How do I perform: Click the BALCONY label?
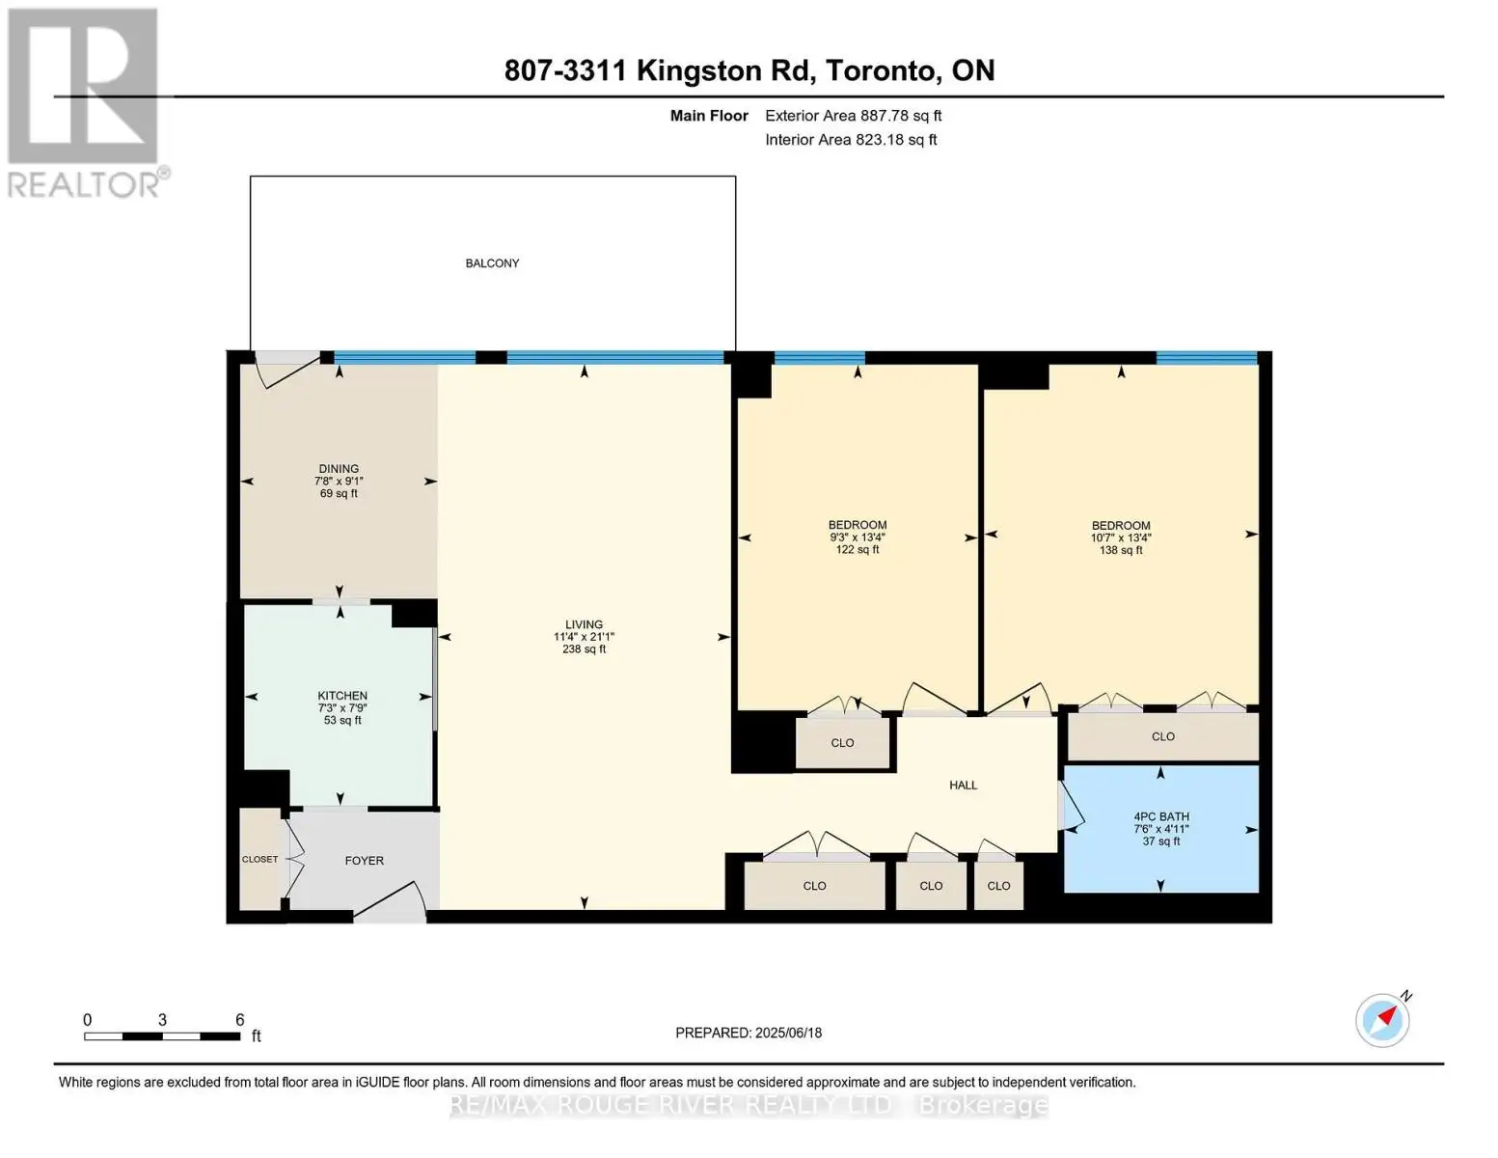coord(492,262)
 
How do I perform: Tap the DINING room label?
coord(339,468)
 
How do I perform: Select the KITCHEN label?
coord(341,695)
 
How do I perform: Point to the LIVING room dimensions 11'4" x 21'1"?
coord(584,637)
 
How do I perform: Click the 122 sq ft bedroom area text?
coord(858,550)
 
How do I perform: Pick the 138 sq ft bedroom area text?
coord(1121,550)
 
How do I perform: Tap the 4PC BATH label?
coord(1161,816)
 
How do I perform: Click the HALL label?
coord(963,785)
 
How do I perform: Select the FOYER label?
coord(364,861)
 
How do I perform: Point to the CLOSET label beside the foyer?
coord(259,860)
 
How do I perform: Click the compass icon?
coord(1383,1021)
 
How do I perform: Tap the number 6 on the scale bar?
coord(240,1019)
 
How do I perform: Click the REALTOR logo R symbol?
coord(83,86)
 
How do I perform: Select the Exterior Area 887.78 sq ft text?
coord(854,116)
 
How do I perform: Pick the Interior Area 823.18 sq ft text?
coord(851,140)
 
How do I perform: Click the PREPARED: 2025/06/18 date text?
coord(749,1033)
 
